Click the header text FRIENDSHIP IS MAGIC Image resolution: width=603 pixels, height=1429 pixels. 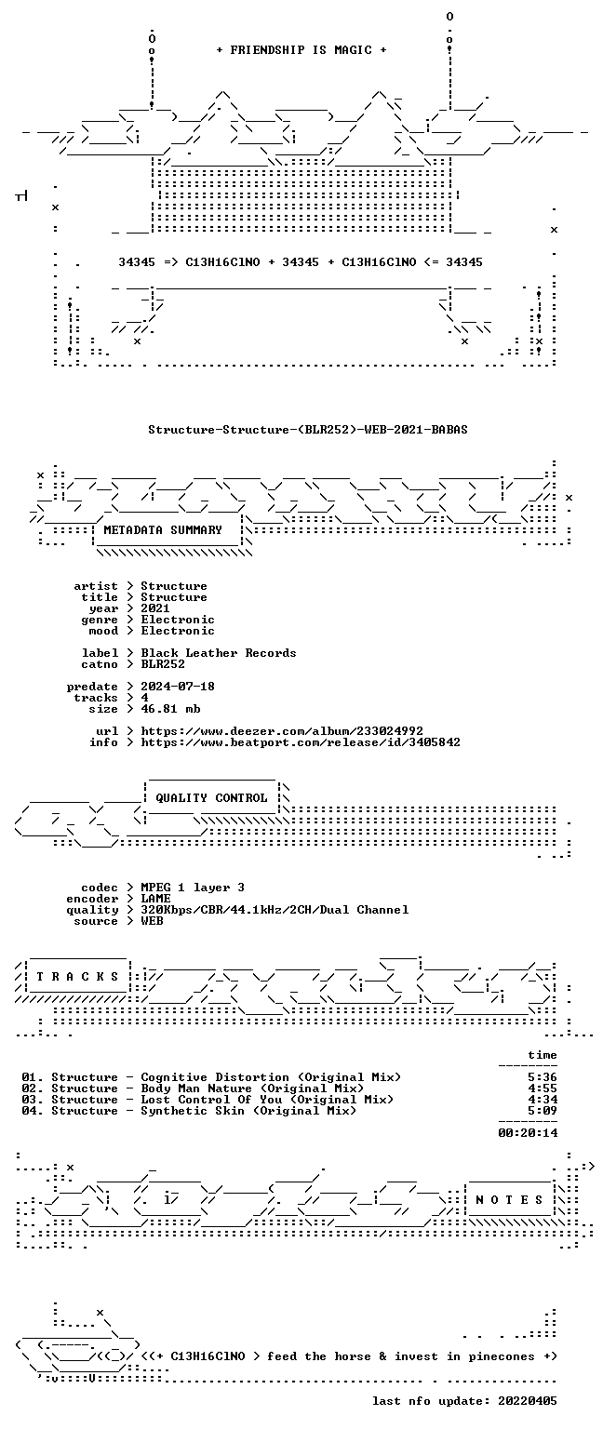[301, 49]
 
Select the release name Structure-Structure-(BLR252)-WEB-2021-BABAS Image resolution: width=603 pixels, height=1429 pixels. [308, 429]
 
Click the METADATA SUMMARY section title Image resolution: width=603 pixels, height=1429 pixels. [163, 529]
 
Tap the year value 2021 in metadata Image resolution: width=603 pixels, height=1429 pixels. [155, 608]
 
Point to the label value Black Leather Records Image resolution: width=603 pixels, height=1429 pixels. [219, 652]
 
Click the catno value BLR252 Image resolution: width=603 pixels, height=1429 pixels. [163, 663]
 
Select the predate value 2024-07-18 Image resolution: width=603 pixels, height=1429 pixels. [178, 686]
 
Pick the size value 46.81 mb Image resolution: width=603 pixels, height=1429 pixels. [170, 708]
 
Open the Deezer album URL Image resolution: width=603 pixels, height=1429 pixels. [281, 730]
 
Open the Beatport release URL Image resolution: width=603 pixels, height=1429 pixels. [300, 741]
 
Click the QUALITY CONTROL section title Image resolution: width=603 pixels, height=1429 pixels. [211, 797]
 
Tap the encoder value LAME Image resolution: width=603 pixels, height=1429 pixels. [155, 898]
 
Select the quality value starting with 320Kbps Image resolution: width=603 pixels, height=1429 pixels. [275, 910]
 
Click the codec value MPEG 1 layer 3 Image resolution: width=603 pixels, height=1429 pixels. [193, 888]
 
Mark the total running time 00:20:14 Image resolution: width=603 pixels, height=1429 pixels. [528, 1133]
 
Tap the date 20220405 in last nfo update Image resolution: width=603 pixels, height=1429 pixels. [528, 1401]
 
